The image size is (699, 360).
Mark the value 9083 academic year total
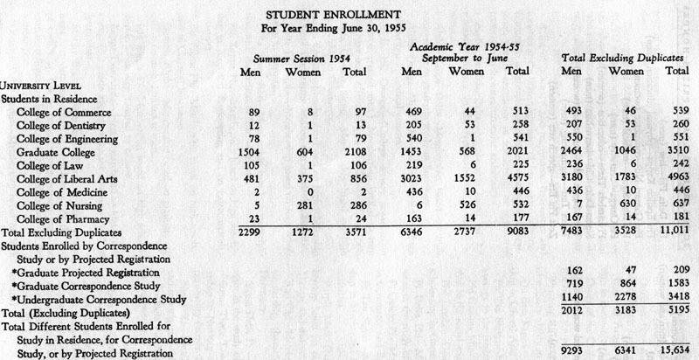(x=517, y=232)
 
